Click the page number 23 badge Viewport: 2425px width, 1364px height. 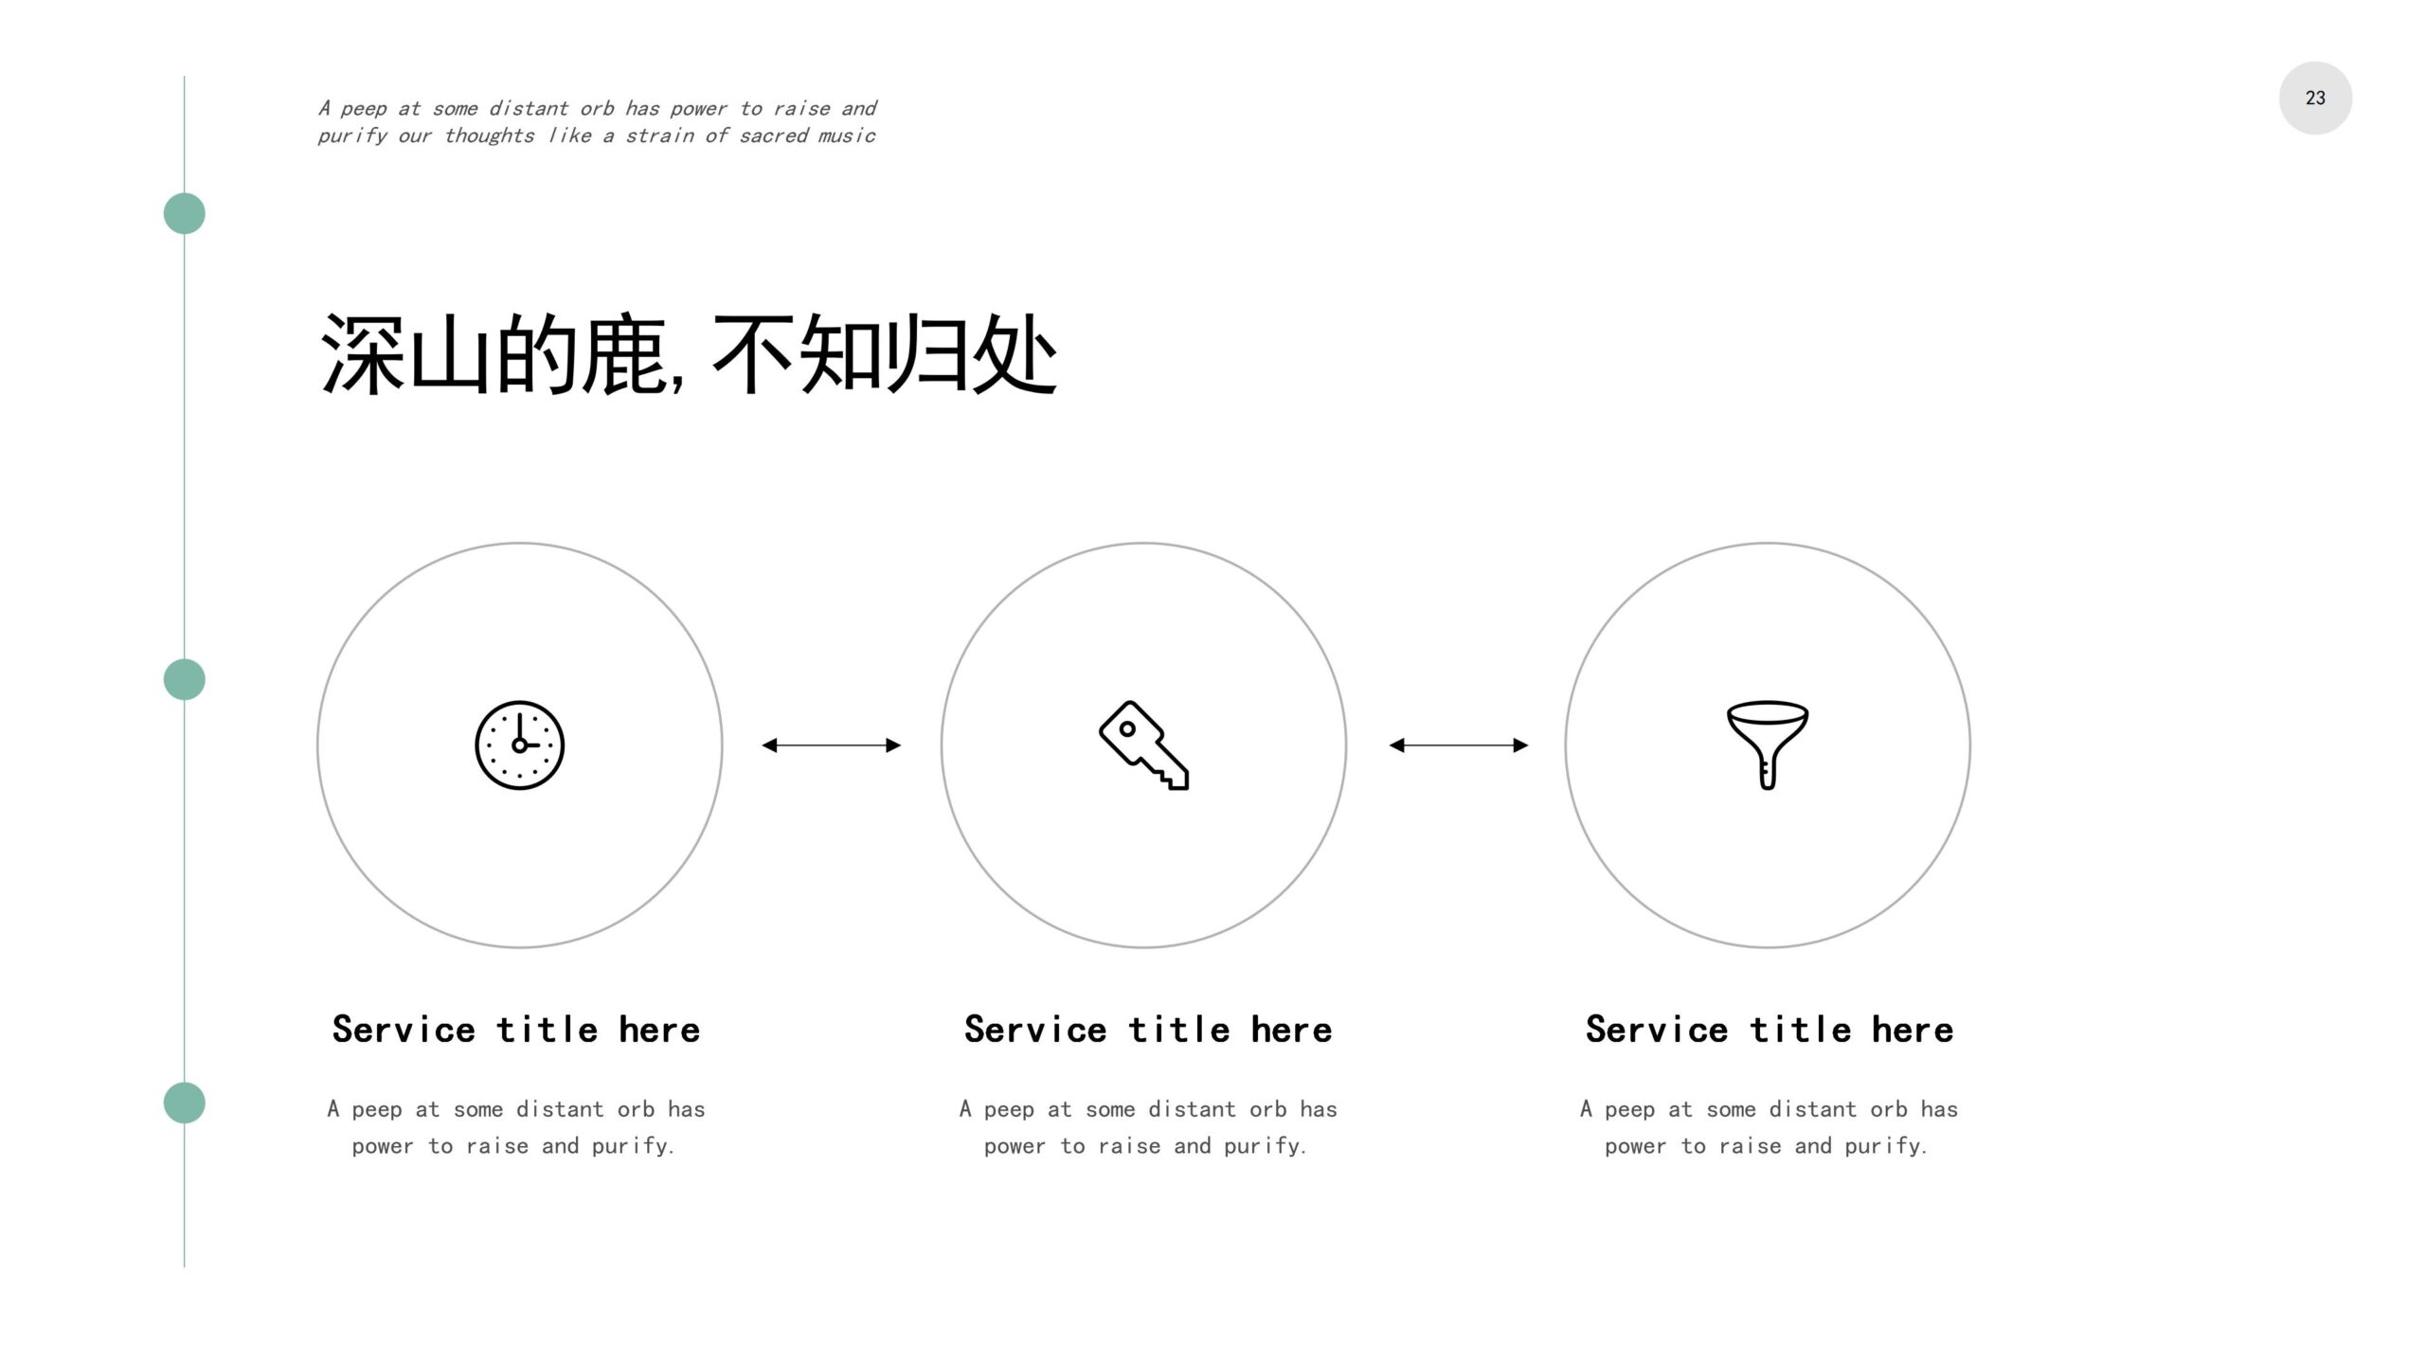pyautogui.click(x=2315, y=98)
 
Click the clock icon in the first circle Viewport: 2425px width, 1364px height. pyautogui.click(x=519, y=745)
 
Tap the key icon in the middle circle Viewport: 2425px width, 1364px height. pyautogui.click(x=1143, y=745)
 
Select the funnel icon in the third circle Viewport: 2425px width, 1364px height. pyautogui.click(x=1768, y=745)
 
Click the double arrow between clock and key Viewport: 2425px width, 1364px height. pyautogui.click(x=832, y=745)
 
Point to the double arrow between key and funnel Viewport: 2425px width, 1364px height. pyautogui.click(x=1459, y=745)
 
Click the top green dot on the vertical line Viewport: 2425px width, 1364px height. pyautogui.click(x=185, y=213)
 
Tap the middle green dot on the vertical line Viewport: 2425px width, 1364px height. pyautogui.click(x=185, y=679)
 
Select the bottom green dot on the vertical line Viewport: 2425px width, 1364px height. pyautogui.click(x=185, y=1103)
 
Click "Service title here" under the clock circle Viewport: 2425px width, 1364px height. pyautogui.click(x=516, y=1030)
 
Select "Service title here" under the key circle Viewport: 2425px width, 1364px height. pyautogui.click(x=1148, y=1030)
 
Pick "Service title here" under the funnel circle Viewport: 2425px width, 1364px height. pyautogui.click(x=1769, y=1030)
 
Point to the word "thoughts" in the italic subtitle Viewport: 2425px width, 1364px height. pyautogui.click(x=489, y=135)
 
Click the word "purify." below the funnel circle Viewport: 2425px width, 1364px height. pyautogui.click(x=1886, y=1146)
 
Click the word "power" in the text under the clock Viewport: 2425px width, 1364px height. pyautogui.click(x=383, y=1147)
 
